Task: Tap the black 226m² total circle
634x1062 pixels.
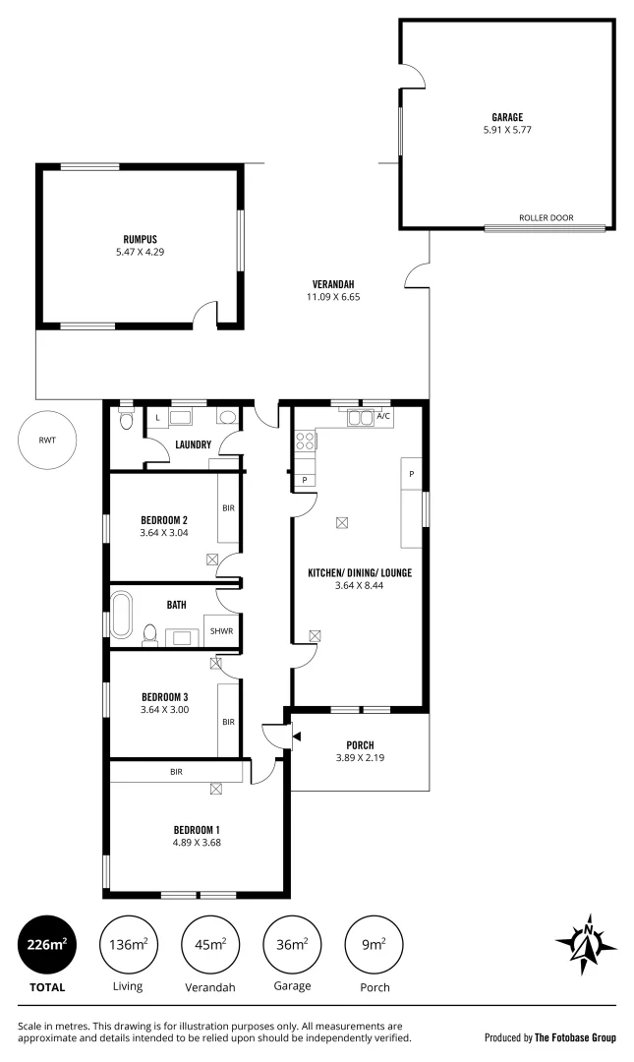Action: pos(46,946)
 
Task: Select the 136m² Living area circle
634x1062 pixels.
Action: pos(128,946)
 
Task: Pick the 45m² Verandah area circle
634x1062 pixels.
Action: pos(210,946)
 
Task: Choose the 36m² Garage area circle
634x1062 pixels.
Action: pos(292,946)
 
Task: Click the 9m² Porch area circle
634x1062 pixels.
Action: pos(375,946)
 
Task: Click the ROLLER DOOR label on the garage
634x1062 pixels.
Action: pos(546,218)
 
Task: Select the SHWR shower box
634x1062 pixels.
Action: pos(221,630)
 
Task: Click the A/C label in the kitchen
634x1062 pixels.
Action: pos(383,417)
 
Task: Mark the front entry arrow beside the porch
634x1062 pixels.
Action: pos(283,734)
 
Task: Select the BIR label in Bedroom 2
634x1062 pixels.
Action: pos(228,508)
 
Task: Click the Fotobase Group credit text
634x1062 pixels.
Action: pos(550,1036)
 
